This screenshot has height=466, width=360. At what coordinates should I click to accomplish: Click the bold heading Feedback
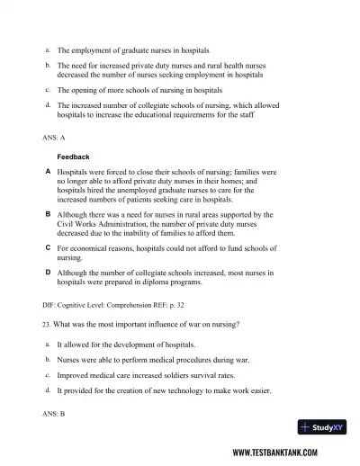[x=74, y=157]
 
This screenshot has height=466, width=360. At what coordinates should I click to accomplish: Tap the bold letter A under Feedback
[x=48, y=171]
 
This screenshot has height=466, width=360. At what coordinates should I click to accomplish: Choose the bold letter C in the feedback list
[x=48, y=246]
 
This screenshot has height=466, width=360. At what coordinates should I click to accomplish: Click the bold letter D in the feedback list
[x=48, y=272]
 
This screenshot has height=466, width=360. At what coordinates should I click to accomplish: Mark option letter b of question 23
[x=47, y=359]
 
